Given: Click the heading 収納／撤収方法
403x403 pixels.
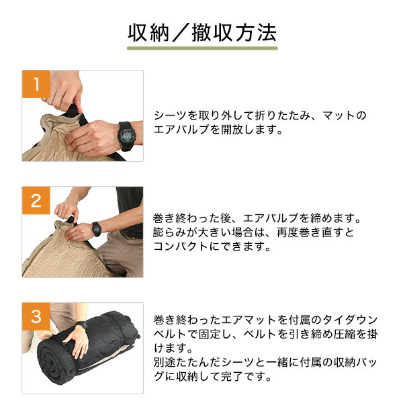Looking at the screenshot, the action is pyautogui.click(x=202, y=33).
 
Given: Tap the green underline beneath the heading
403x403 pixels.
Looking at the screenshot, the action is pyautogui.click(x=202, y=48).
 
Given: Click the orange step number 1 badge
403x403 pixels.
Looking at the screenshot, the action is pyautogui.click(x=36, y=84).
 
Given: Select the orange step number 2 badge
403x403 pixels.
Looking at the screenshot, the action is pyautogui.click(x=36, y=200).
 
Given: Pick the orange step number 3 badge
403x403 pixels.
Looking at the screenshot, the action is pyautogui.click(x=36, y=316).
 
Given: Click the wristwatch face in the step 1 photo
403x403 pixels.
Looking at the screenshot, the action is pyautogui.click(x=127, y=135).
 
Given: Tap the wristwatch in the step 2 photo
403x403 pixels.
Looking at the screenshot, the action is pyautogui.click(x=96, y=229).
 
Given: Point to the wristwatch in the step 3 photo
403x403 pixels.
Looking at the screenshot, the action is pyautogui.click(x=82, y=325).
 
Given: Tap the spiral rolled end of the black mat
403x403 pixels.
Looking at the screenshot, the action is pyautogui.click(x=52, y=361).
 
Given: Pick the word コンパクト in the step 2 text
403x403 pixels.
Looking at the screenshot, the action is pyautogui.click(x=181, y=247).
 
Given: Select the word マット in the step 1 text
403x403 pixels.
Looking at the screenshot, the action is pyautogui.click(x=339, y=116).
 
